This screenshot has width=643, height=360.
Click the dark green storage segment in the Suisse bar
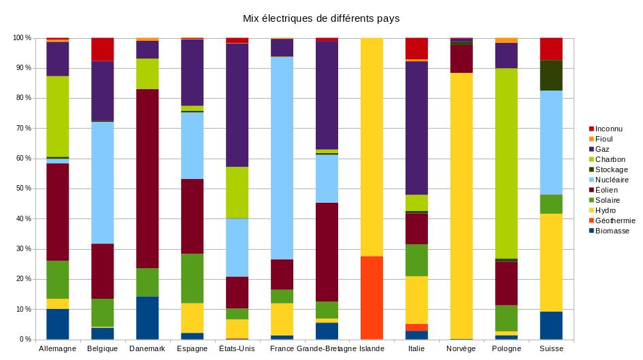[551, 75]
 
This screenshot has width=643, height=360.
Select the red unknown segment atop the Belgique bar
[102, 49]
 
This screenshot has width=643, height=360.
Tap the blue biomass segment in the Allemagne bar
[57, 324]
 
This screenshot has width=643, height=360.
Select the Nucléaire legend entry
[609, 180]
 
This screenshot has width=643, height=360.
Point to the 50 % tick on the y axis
[22, 189]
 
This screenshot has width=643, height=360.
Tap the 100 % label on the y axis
[20, 38]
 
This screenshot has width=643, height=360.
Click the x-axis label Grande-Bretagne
[327, 348]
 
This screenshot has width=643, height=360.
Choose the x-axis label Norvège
[461, 348]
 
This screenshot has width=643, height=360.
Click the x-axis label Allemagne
[57, 348]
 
